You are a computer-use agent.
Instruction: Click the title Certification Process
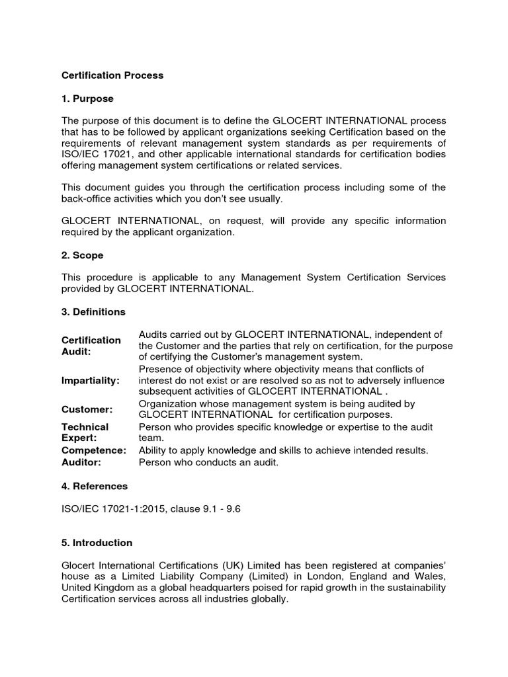coord(112,75)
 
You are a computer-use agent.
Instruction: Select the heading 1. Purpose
coord(87,99)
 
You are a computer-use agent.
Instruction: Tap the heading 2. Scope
coord(83,255)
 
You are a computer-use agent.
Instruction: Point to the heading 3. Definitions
coord(93,311)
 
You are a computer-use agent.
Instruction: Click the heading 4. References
coord(95,486)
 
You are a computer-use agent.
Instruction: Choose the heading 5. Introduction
coord(97,543)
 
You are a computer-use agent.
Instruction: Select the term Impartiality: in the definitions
coord(91,381)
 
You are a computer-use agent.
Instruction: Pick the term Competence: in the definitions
coord(94,450)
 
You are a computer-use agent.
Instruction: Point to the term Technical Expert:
coord(85,432)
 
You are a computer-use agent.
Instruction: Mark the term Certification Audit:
coord(91,346)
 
